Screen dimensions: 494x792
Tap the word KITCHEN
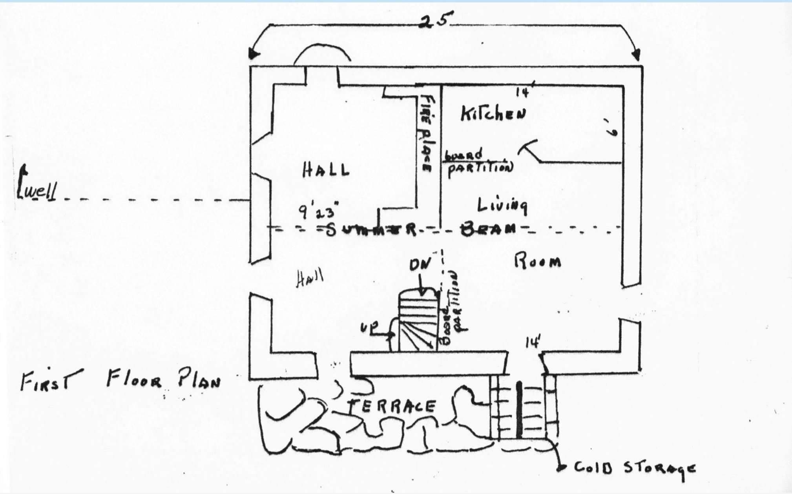[493, 114]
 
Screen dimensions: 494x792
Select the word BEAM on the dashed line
[487, 228]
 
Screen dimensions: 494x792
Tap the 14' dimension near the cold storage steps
[533, 342]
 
